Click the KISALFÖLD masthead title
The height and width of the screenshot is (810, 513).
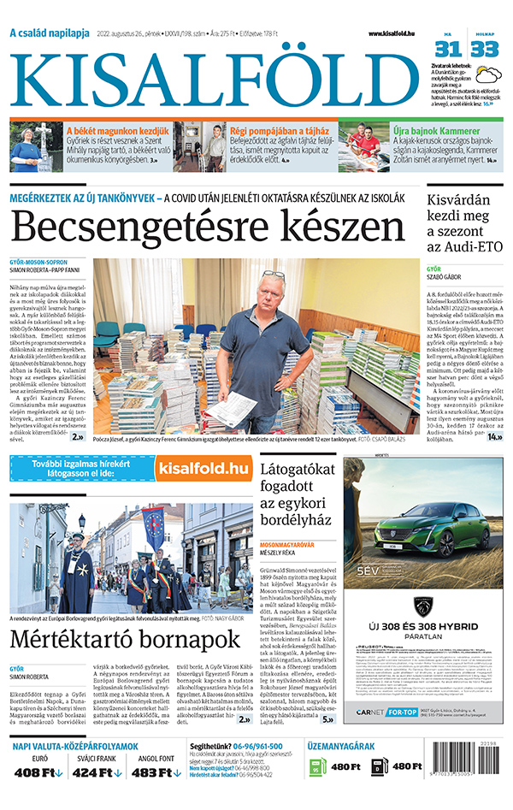coord(214,75)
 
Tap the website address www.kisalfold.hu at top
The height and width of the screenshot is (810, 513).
coord(397,33)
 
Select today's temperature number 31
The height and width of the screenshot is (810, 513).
coord(450,49)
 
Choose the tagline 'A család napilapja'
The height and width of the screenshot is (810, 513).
coord(50,33)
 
